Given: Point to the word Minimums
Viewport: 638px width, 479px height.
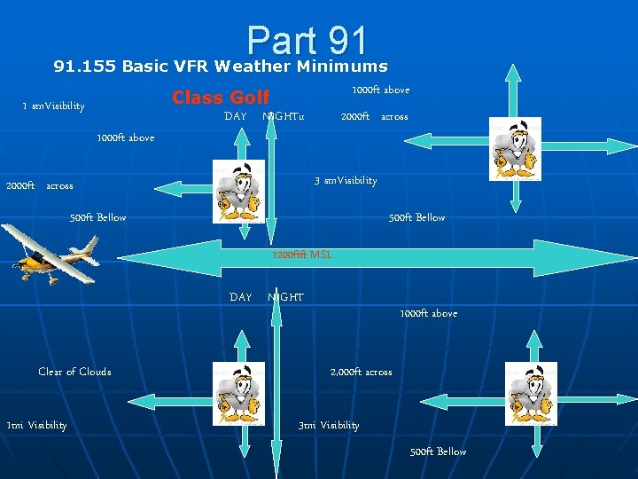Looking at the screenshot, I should click(x=342, y=66).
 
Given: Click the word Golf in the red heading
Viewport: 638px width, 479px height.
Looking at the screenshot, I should click(x=250, y=98).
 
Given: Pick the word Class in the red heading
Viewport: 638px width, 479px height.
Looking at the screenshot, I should click(x=198, y=98).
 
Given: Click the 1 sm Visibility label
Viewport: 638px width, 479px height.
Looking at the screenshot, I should click(x=53, y=106).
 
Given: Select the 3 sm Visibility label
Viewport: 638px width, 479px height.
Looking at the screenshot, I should click(x=346, y=181).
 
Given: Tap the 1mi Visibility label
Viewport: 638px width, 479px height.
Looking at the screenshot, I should click(x=36, y=425).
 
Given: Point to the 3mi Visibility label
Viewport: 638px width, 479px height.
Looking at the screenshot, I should click(x=329, y=425).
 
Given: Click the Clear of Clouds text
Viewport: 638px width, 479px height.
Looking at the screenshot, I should click(x=74, y=372).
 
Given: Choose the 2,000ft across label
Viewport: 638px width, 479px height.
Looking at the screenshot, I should click(x=361, y=372).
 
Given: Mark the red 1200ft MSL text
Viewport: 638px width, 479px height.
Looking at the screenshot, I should click(x=302, y=255).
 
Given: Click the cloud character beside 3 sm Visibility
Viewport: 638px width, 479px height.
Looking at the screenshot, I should click(x=238, y=189).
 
